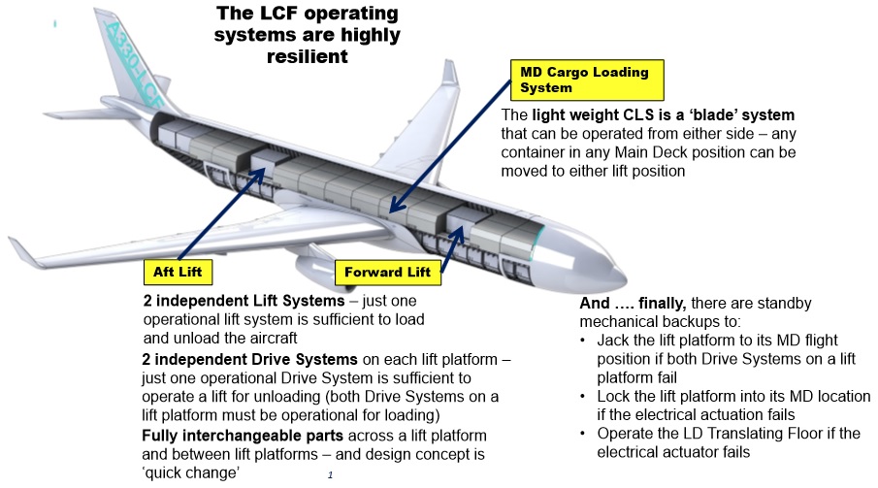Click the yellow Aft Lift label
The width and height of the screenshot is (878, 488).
(x=179, y=273)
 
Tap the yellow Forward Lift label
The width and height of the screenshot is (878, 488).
(x=387, y=273)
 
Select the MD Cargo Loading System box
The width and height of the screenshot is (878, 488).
(x=587, y=81)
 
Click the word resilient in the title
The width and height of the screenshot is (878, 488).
(x=308, y=56)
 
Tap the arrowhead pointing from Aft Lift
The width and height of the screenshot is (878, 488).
(x=257, y=174)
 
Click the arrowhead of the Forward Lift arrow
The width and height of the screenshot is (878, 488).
(x=459, y=233)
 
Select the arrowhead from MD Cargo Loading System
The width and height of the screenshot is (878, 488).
(x=397, y=205)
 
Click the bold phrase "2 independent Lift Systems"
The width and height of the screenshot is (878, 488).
(x=244, y=301)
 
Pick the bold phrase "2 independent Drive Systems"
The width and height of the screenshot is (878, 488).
(x=249, y=359)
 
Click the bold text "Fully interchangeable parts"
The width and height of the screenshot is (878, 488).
(x=243, y=436)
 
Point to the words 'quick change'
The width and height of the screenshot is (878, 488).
(x=191, y=472)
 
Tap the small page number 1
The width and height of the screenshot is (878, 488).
(x=331, y=475)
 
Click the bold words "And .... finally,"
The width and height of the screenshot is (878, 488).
(x=633, y=303)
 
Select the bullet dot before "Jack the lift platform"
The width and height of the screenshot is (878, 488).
(x=583, y=341)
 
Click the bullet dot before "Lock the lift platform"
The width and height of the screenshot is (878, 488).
(x=583, y=397)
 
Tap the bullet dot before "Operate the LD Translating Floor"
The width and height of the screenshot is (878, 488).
(x=583, y=434)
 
